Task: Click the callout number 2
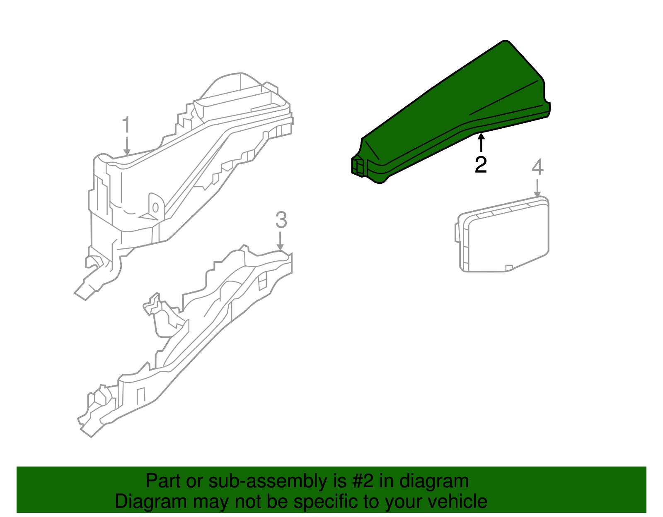click(x=481, y=165)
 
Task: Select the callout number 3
click(x=281, y=220)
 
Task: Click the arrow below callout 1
click(x=127, y=147)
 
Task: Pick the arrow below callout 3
click(x=281, y=241)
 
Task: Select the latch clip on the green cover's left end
click(x=358, y=166)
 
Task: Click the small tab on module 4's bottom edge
click(x=509, y=268)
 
